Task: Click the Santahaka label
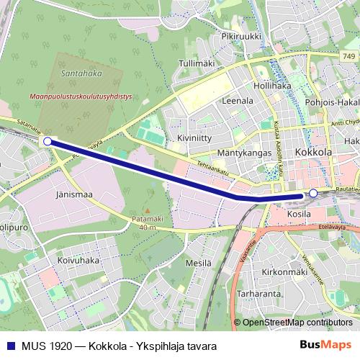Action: [x=81, y=73]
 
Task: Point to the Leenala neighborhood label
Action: [x=238, y=101]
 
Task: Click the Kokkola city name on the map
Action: [x=314, y=153]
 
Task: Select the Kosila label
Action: [x=297, y=214]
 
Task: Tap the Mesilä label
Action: [x=199, y=264]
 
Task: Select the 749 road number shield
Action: [x=349, y=57]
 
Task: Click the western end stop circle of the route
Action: [x=48, y=142]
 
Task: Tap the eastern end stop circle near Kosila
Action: [x=313, y=193]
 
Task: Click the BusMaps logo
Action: [x=327, y=346]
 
